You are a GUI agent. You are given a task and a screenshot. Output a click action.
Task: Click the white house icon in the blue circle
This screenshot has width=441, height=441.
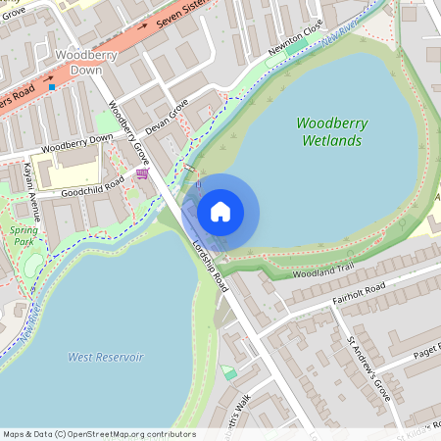pyautogui.click(x=220, y=211)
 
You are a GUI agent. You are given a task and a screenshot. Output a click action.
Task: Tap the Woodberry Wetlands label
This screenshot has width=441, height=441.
pyautogui.click(x=329, y=132)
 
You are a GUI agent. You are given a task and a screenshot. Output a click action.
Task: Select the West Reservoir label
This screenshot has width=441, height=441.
pyautogui.click(x=105, y=358)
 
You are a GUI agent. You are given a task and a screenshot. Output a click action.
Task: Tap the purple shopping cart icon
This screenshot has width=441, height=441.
pyautogui.click(x=143, y=174)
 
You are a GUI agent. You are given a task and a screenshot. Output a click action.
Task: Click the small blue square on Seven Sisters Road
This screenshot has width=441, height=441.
pyautogui.click(x=52, y=87)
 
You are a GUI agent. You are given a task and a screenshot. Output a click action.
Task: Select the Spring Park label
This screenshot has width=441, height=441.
pyautogui.click(x=24, y=235)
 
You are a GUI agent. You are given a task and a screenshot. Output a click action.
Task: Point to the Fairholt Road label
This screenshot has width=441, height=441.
pyautogui.click(x=359, y=292)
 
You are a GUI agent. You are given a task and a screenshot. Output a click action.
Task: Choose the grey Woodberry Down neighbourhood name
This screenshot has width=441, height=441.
pyautogui.click(x=87, y=61)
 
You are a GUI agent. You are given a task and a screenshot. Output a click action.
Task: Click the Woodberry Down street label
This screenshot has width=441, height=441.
pyautogui.click(x=77, y=143)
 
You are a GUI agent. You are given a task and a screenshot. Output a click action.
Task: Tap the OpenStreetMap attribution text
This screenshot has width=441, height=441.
pyautogui.click(x=99, y=434)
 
